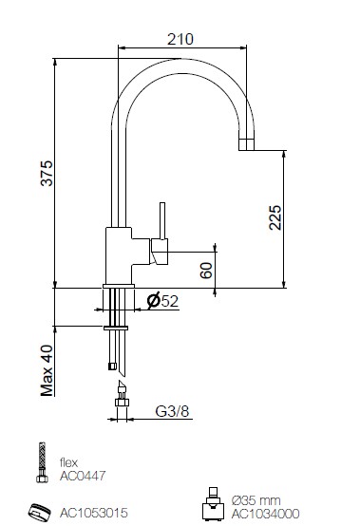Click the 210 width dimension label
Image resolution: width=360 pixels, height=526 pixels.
(180, 39)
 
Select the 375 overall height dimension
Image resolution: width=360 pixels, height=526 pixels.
(47, 173)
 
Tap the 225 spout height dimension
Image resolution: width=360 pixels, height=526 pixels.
(275, 217)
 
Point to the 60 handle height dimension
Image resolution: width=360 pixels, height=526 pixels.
(206, 271)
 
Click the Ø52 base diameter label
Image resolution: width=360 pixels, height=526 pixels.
(162, 301)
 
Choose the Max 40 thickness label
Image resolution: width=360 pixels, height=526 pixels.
(47, 370)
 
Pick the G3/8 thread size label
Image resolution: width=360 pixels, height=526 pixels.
(172, 411)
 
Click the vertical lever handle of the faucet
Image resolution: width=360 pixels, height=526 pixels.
(162, 220)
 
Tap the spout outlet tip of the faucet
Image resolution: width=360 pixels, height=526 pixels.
(246, 144)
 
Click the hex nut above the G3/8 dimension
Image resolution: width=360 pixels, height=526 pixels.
(122, 402)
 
